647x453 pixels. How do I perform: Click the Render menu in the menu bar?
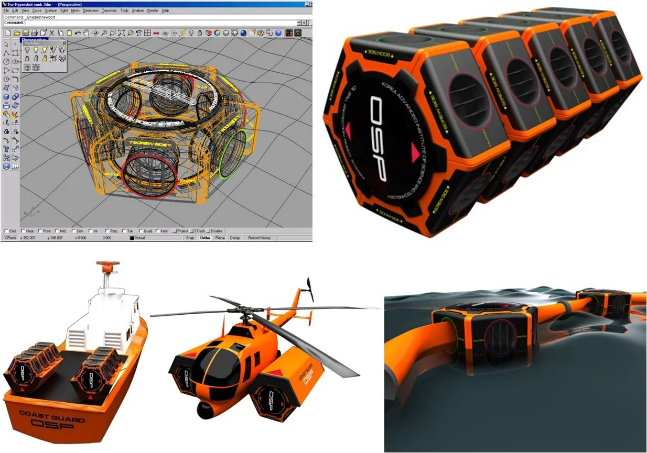point(153,10)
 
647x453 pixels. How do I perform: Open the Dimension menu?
point(90,10)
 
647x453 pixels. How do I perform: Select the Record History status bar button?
point(259,238)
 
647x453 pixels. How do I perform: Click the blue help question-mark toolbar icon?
point(278,32)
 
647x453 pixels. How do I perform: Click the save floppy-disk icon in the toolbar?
point(25,32)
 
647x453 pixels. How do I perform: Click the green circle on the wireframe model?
point(232,153)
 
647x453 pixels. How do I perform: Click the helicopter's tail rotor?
point(309,290)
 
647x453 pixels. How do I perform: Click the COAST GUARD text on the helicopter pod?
point(306,375)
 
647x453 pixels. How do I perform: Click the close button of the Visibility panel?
point(64,42)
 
